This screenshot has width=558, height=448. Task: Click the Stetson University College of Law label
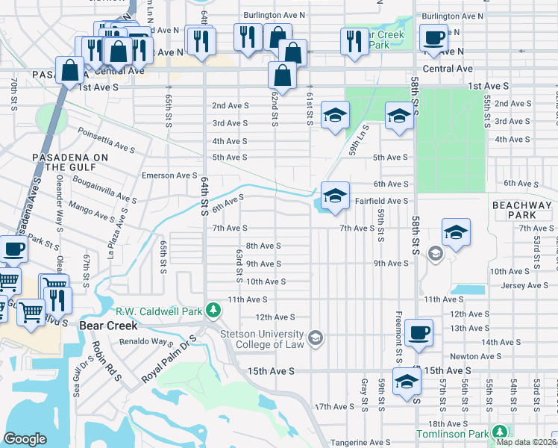[264, 339]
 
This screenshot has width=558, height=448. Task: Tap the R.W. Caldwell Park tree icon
[213, 309]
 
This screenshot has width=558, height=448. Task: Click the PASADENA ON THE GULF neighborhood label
[70, 162]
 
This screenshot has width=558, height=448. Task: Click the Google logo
[25, 439]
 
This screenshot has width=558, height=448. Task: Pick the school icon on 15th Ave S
[407, 382]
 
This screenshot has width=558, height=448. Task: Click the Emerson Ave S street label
[169, 175]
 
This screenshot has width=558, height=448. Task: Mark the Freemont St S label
[399, 333]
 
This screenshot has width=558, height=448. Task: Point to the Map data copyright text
[526, 442]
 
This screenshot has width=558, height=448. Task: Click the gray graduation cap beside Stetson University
[316, 339]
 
